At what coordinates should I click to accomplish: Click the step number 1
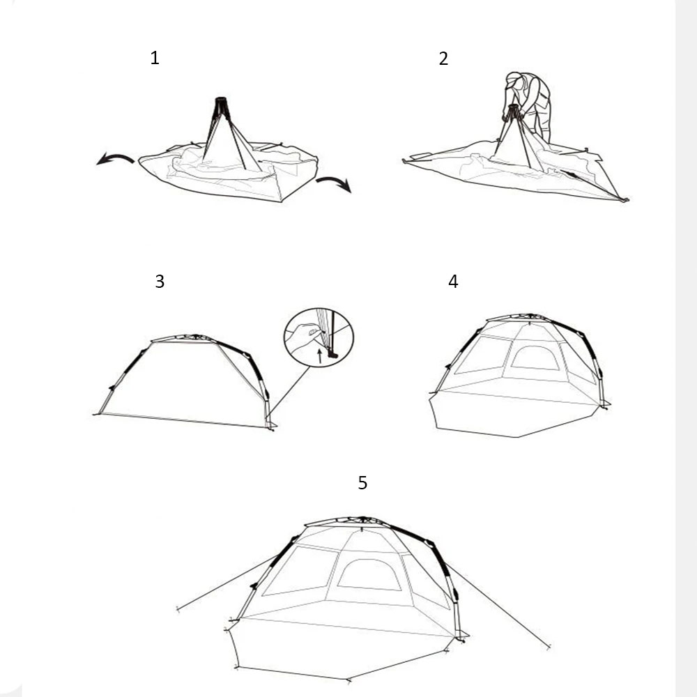pos(155,58)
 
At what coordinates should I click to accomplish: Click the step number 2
pos(443,59)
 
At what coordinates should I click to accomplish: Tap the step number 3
pos(160,282)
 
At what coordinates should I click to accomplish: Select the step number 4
pos(453,281)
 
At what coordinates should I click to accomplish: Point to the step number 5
pos(362,483)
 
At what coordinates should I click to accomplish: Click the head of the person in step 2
pos(514,80)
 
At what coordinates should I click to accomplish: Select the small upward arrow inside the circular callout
pos(320,355)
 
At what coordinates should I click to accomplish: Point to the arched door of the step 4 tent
pos(535,358)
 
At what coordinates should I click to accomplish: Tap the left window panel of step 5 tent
pos(299,571)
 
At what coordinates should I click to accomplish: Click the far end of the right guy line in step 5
pos(549,647)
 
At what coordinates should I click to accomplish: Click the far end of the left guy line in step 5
pos(178,608)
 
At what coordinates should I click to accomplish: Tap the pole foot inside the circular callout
pos(332,355)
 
